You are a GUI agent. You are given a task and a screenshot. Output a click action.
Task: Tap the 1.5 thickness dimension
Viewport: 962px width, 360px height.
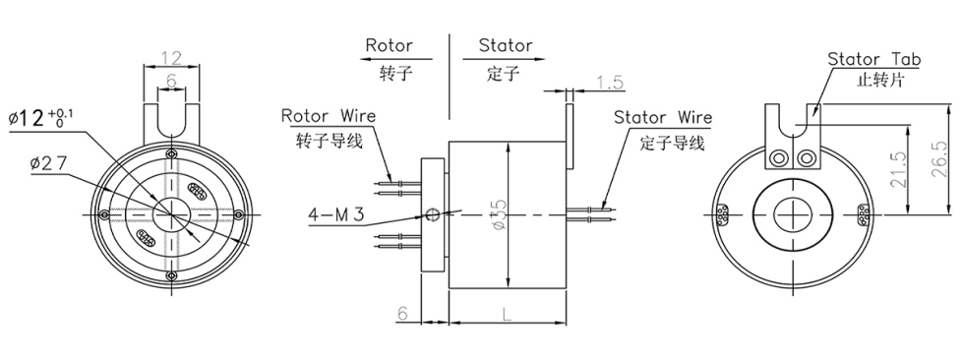pos(610,84)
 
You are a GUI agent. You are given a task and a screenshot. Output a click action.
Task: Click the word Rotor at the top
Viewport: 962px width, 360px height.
pos(389,45)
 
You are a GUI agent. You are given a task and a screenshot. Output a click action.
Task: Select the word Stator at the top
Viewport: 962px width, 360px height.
pos(506,45)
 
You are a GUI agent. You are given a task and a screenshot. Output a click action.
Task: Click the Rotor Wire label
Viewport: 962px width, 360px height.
pos(329,116)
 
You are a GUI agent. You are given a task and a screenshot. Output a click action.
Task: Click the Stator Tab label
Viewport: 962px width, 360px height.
pos(874,59)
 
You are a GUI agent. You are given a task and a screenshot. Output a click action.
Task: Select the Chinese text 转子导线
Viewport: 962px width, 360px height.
pos(330,140)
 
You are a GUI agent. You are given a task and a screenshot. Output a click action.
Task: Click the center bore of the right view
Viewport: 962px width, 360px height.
pos(794,212)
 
